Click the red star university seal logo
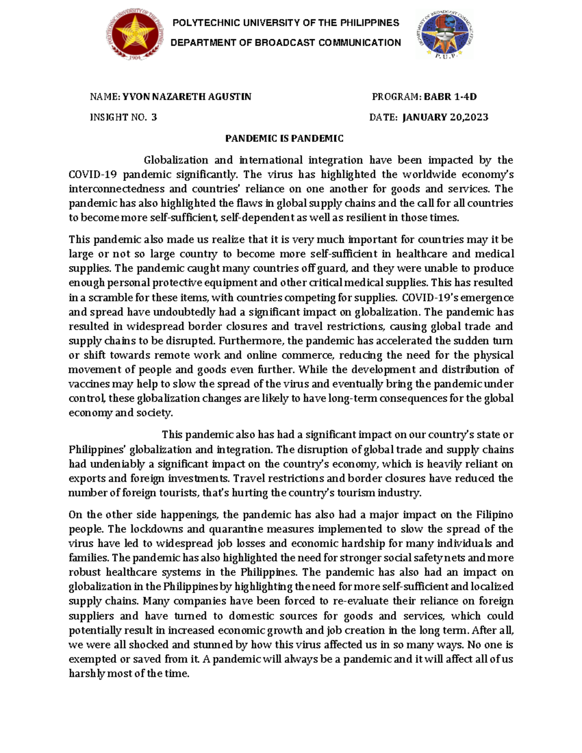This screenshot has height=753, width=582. tap(133, 35)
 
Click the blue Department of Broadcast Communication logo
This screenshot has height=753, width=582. tap(443, 35)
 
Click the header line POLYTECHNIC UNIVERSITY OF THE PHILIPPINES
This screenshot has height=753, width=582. tap(286, 23)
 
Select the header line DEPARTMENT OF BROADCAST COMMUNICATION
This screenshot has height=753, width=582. tap(286, 43)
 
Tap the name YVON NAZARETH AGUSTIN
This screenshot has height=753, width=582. tap(187, 96)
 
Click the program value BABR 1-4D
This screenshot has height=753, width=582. tap(450, 96)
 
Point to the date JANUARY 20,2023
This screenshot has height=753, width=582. tap(445, 117)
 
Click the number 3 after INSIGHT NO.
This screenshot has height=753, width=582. tap(154, 117)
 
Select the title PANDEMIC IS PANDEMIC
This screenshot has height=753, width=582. tap(284, 139)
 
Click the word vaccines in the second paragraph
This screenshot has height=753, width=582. tap(89, 384)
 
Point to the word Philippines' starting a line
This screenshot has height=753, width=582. tap(97, 449)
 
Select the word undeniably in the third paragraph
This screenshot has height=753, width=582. tap(110, 464)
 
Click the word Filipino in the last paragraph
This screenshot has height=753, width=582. tap(494, 514)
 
